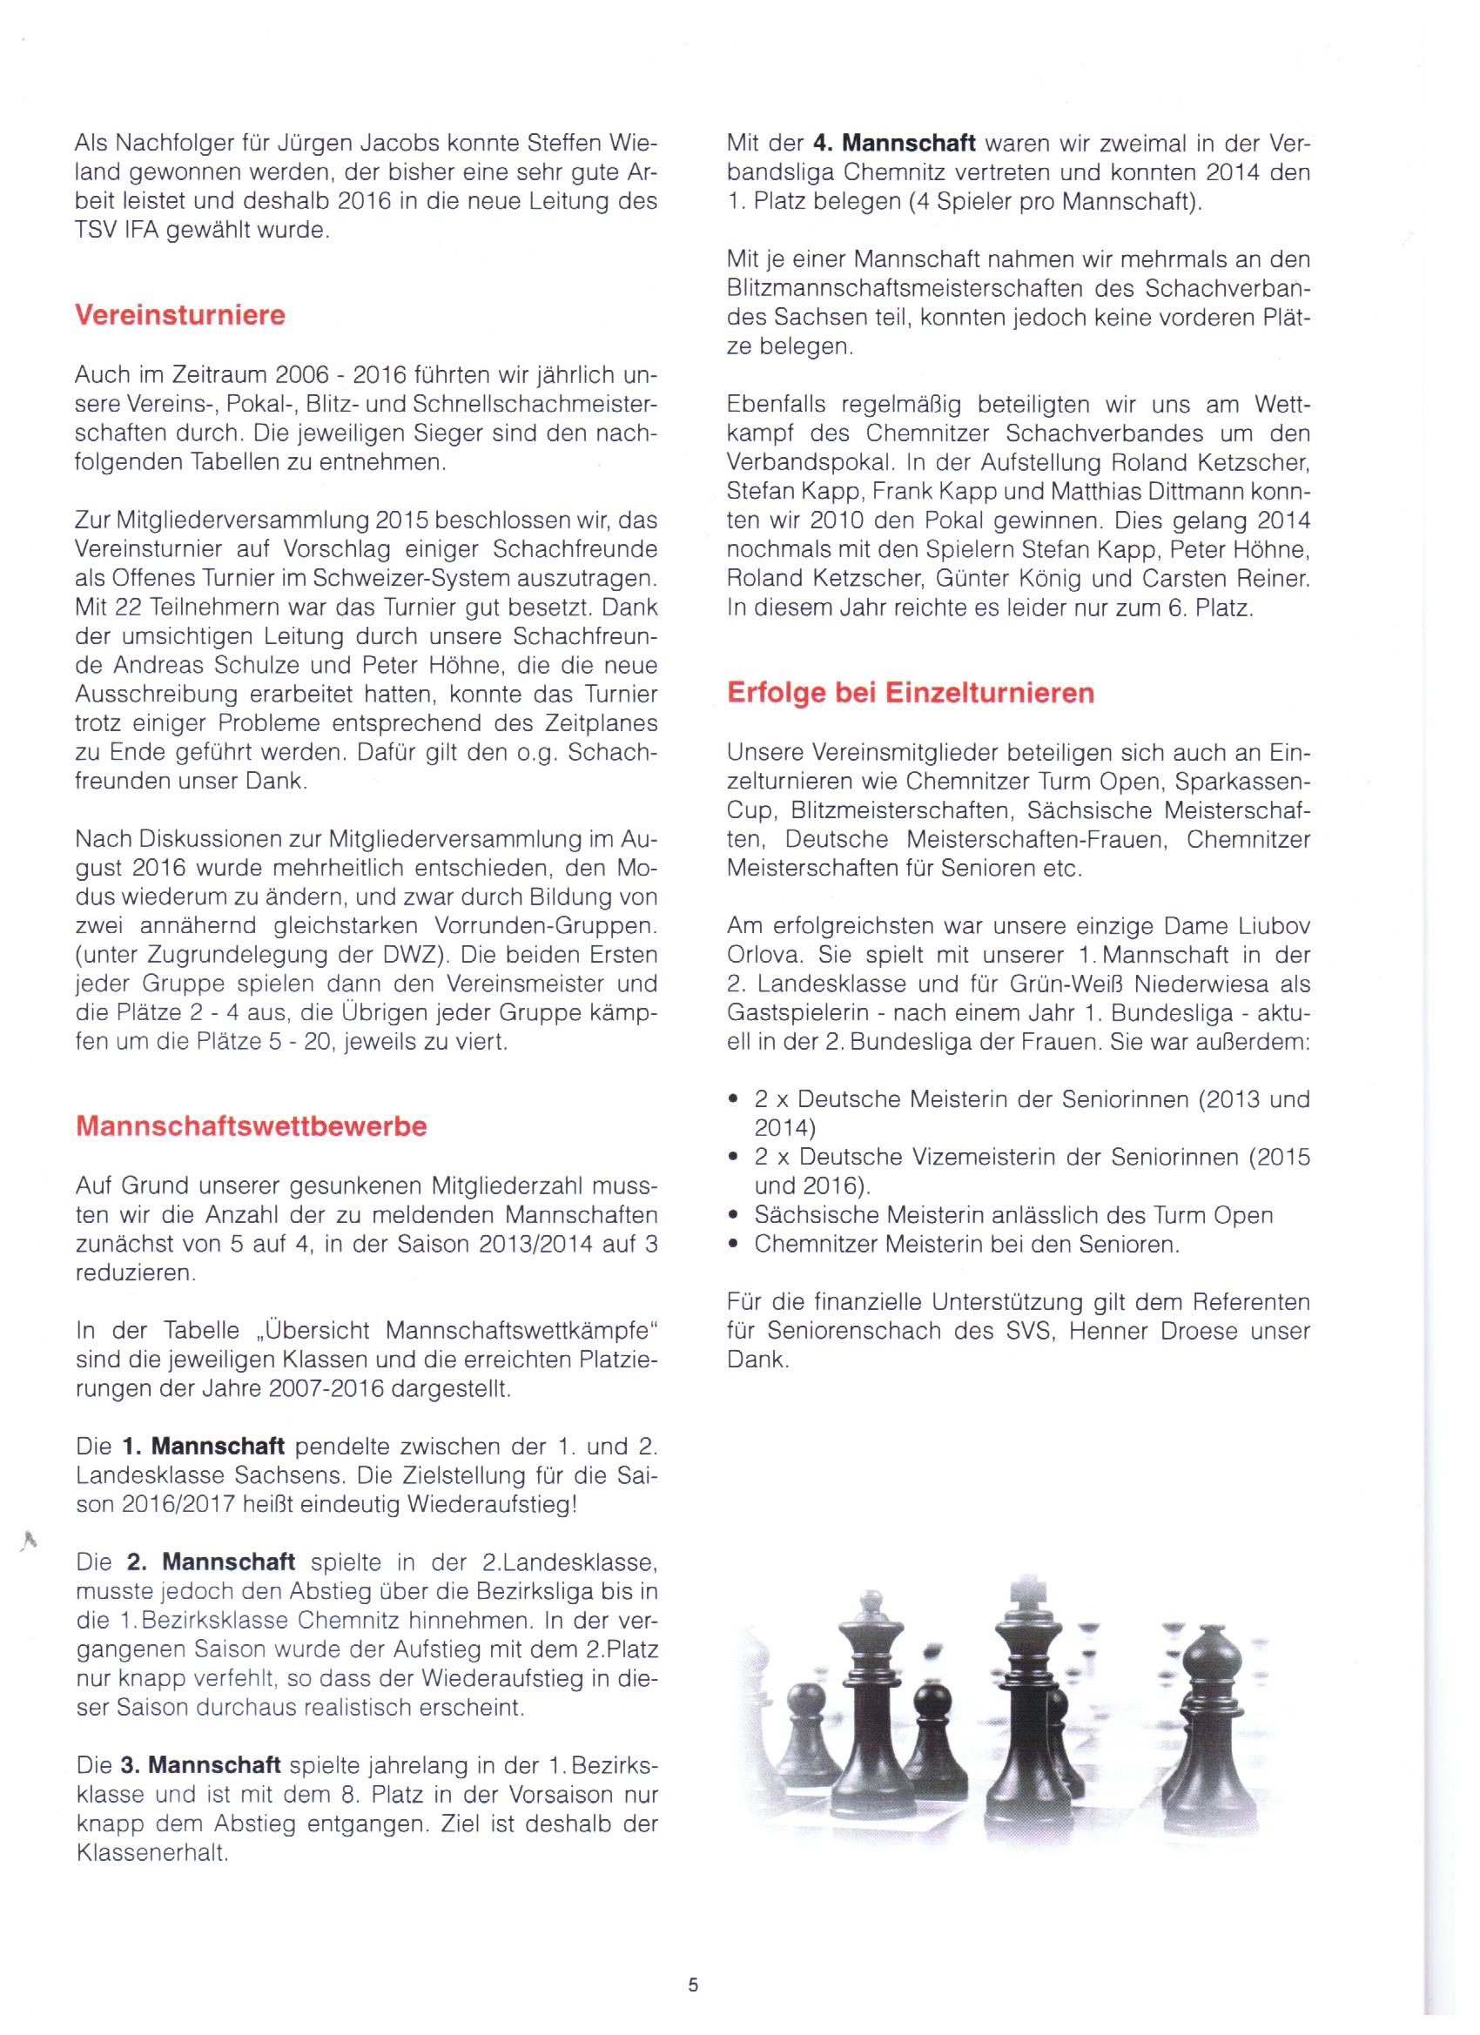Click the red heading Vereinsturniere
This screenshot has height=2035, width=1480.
[x=180, y=316]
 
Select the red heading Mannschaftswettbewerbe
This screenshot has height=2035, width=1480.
[x=252, y=1126]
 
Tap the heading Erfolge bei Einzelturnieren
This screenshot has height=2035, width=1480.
[x=910, y=693]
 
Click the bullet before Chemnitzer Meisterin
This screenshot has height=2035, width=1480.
[x=734, y=1245]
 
